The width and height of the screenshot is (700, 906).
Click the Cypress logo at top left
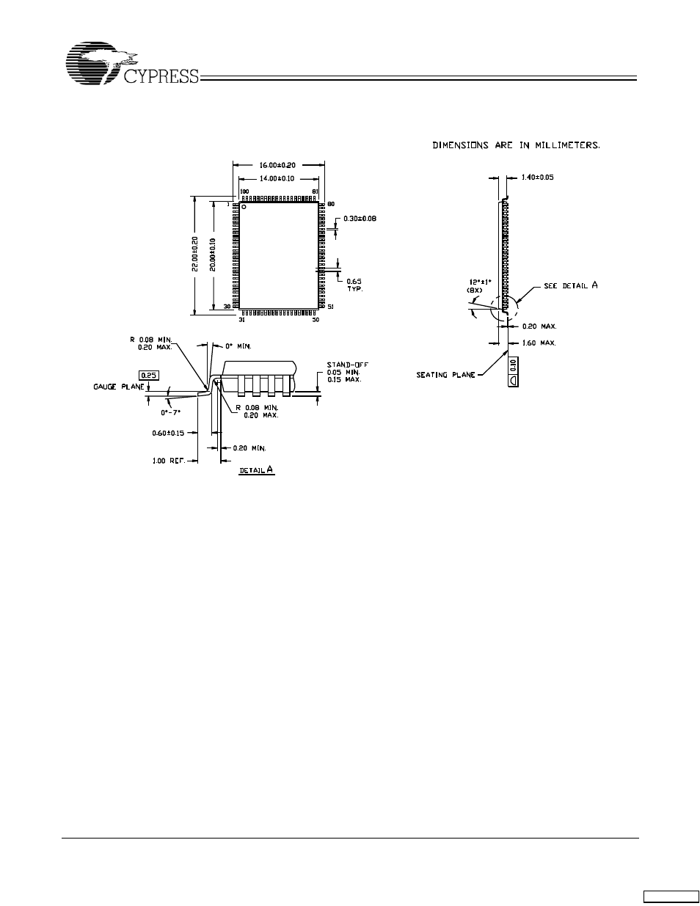tap(132, 66)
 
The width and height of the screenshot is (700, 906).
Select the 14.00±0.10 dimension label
tap(278, 178)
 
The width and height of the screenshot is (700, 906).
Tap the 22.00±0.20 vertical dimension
tap(195, 254)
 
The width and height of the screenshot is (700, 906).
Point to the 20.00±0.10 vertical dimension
tap(212, 254)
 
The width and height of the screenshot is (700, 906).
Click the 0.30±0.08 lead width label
tap(360, 219)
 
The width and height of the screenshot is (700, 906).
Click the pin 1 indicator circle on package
tap(244, 207)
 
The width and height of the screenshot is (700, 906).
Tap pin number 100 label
tap(244, 191)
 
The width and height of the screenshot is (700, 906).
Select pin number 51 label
tap(330, 307)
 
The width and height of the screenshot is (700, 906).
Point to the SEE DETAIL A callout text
tap(570, 285)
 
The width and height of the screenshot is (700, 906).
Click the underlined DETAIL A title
tap(256, 469)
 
